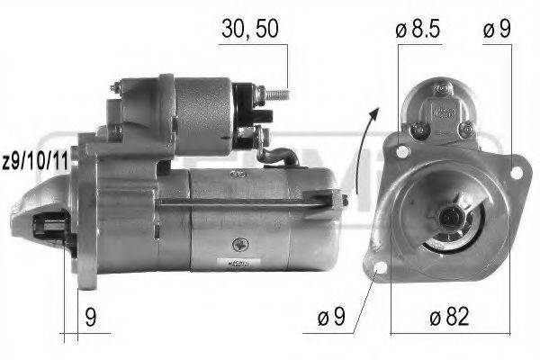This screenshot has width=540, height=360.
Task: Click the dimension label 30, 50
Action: (x=250, y=29)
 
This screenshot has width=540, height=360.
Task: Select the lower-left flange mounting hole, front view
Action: (x=379, y=268)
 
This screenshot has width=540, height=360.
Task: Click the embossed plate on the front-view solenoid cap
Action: (x=442, y=112)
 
